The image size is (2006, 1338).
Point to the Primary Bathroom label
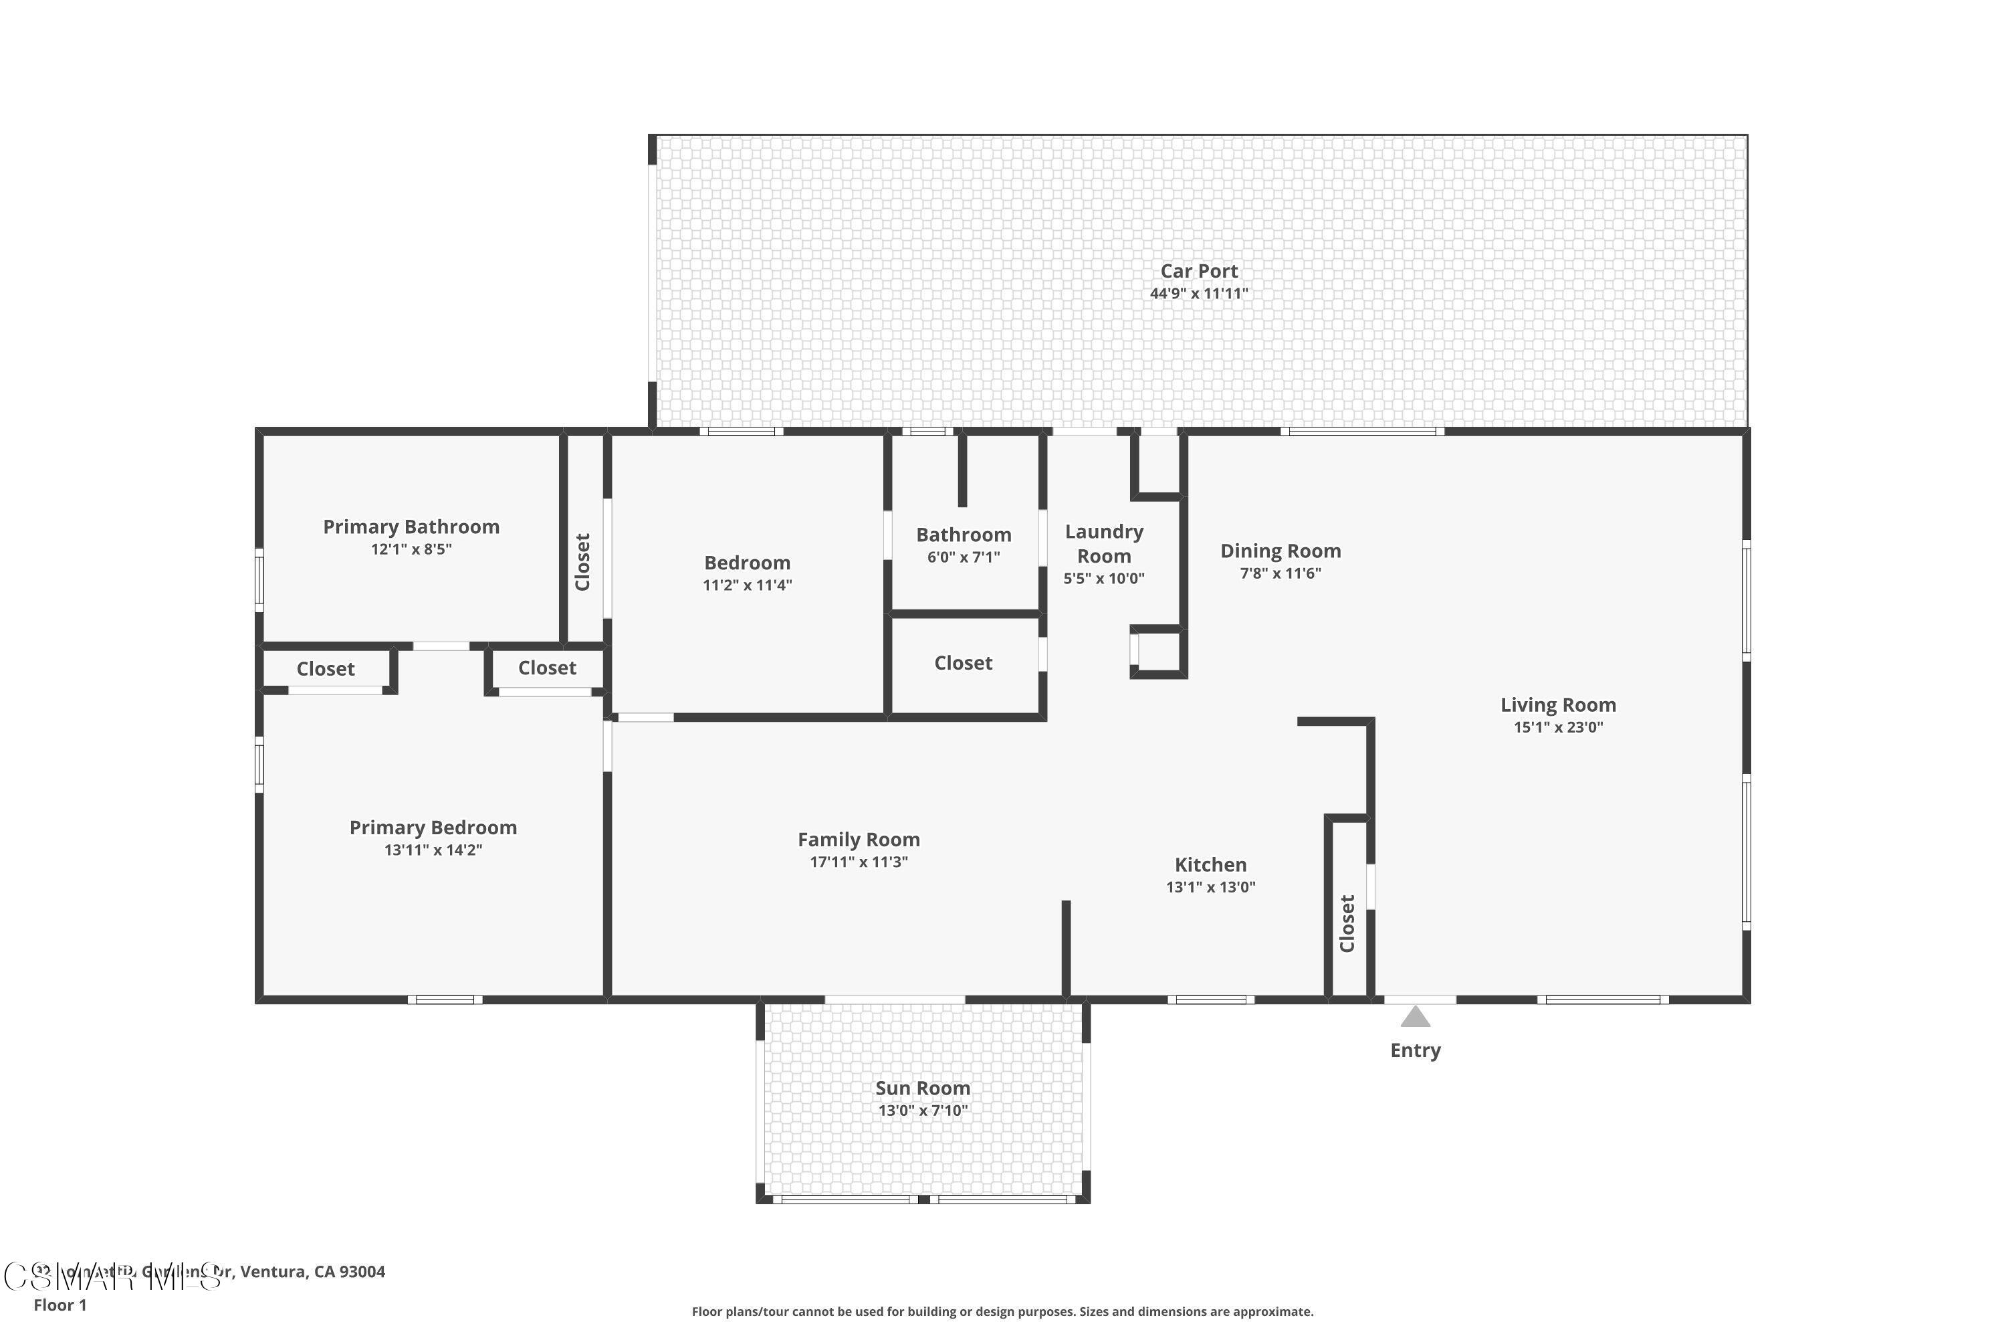click(x=411, y=527)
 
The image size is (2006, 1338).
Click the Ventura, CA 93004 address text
click(x=312, y=1272)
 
